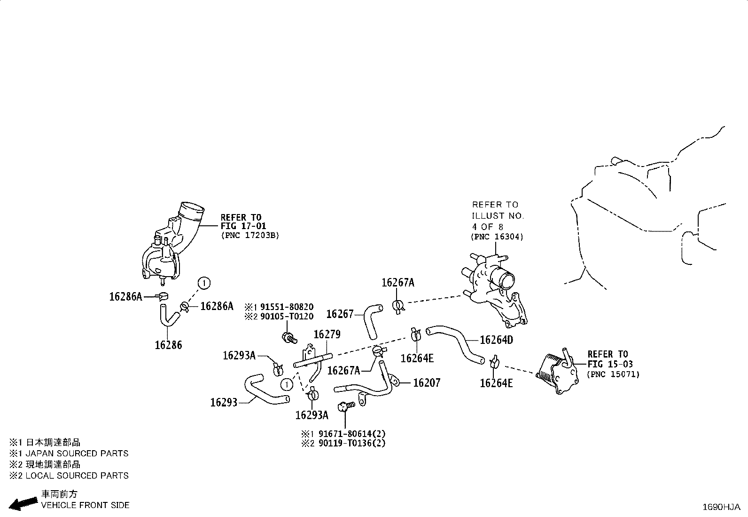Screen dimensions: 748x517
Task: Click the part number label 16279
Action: click(x=327, y=334)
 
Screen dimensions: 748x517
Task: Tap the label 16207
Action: click(x=427, y=382)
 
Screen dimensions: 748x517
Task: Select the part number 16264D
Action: click(x=496, y=340)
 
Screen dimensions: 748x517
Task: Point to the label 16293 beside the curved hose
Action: click(x=224, y=402)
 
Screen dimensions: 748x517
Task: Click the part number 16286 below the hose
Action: click(x=168, y=345)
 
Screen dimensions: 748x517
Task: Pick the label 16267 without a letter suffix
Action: click(x=340, y=314)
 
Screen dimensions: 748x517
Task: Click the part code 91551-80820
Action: click(x=287, y=307)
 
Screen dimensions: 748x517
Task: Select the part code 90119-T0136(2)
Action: click(x=352, y=443)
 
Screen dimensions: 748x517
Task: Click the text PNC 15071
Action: click(x=613, y=374)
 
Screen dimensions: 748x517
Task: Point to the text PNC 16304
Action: click(x=497, y=237)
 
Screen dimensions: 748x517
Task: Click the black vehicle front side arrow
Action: click(x=23, y=503)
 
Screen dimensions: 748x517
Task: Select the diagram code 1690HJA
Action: click(x=721, y=507)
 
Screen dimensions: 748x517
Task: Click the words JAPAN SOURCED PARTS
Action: click(x=77, y=453)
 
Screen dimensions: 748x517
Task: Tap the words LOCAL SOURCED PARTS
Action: click(x=77, y=476)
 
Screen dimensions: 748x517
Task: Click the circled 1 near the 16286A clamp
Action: click(x=204, y=283)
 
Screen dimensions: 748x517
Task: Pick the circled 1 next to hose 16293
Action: click(x=287, y=385)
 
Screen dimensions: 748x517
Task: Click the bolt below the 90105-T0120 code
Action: click(x=289, y=337)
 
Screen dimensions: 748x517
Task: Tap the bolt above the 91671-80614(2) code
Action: click(x=346, y=406)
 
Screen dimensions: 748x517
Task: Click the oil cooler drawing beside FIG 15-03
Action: click(x=556, y=372)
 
